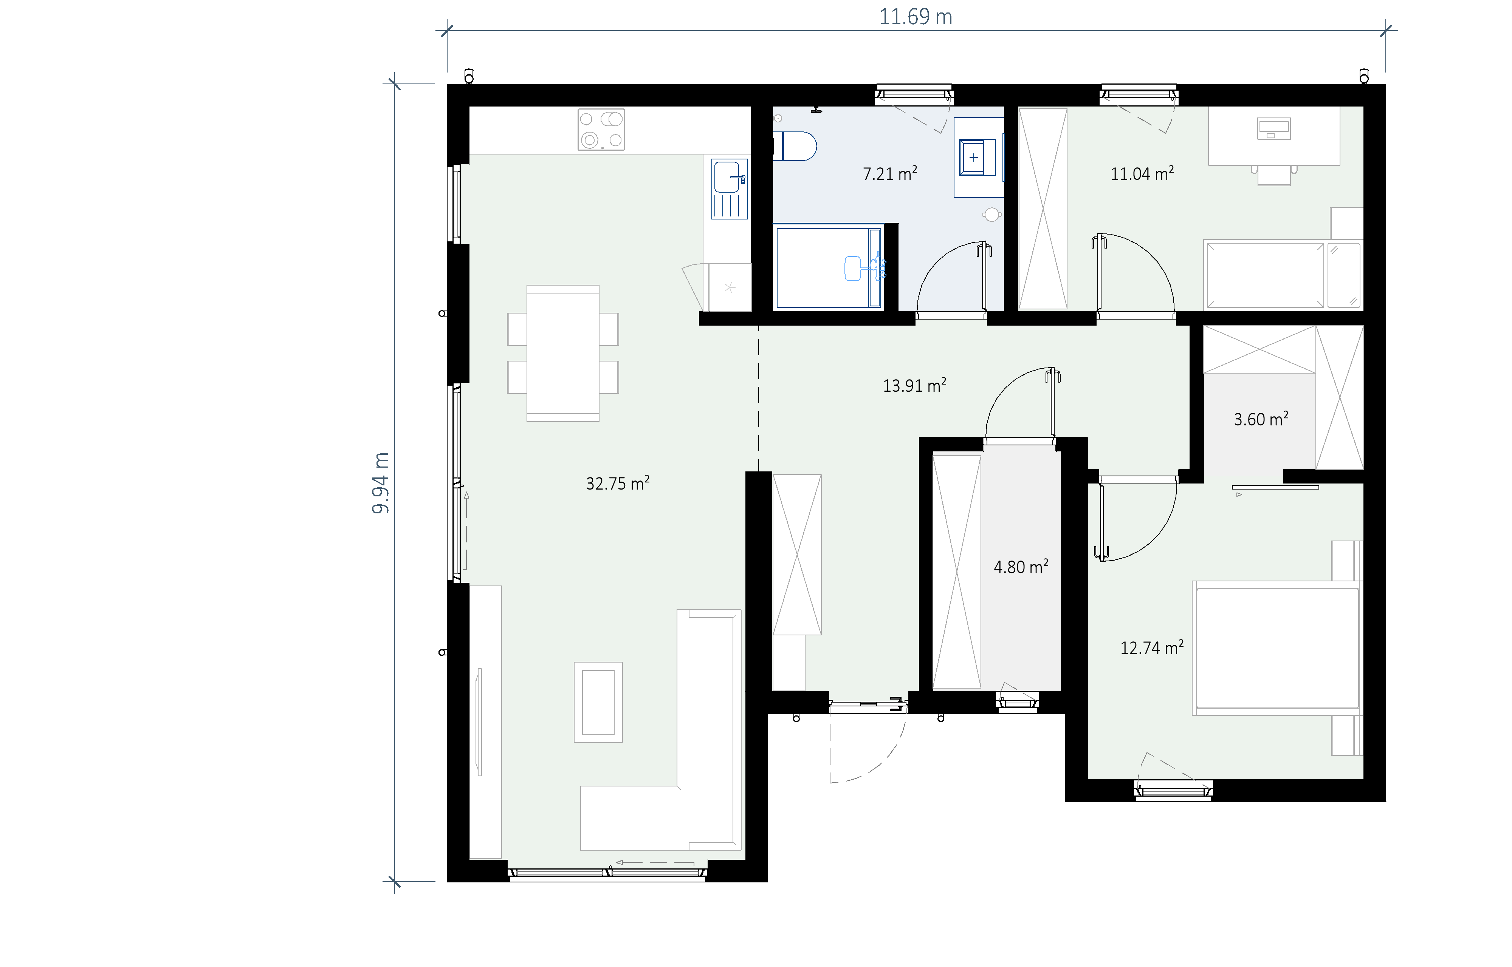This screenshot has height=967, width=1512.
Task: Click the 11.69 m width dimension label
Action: coord(915,17)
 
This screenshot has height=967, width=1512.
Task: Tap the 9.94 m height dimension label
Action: coord(381,483)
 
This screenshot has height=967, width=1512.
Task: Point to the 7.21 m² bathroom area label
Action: coord(889,173)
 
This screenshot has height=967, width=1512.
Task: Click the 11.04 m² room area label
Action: coord(1142,173)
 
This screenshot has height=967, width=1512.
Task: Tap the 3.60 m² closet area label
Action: coord(1261,419)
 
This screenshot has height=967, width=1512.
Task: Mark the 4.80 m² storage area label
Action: coord(1021,566)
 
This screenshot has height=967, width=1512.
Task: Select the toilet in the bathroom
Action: coord(795,146)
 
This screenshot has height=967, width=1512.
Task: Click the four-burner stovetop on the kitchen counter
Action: coord(601,129)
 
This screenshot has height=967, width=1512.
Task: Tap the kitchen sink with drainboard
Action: coord(729,188)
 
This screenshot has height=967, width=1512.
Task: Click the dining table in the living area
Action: coord(563,353)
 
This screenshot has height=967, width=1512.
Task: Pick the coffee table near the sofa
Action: coord(598,702)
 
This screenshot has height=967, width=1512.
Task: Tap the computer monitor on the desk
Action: coord(1273,129)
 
